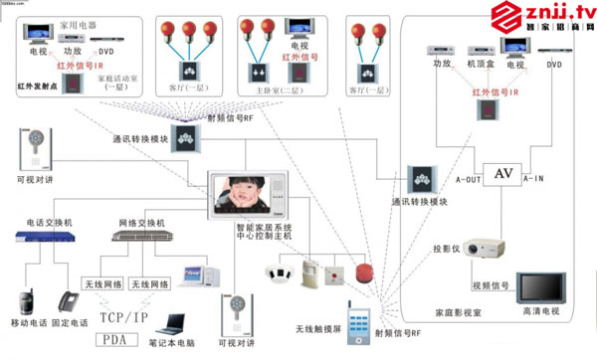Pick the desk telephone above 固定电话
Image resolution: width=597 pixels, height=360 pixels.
68,301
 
